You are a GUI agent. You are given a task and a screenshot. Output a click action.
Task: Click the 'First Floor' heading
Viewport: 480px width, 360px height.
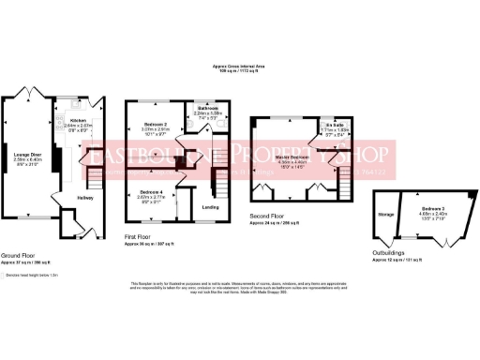point(138,237)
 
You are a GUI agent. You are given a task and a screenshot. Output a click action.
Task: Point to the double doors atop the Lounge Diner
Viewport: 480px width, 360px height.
point(28,96)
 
